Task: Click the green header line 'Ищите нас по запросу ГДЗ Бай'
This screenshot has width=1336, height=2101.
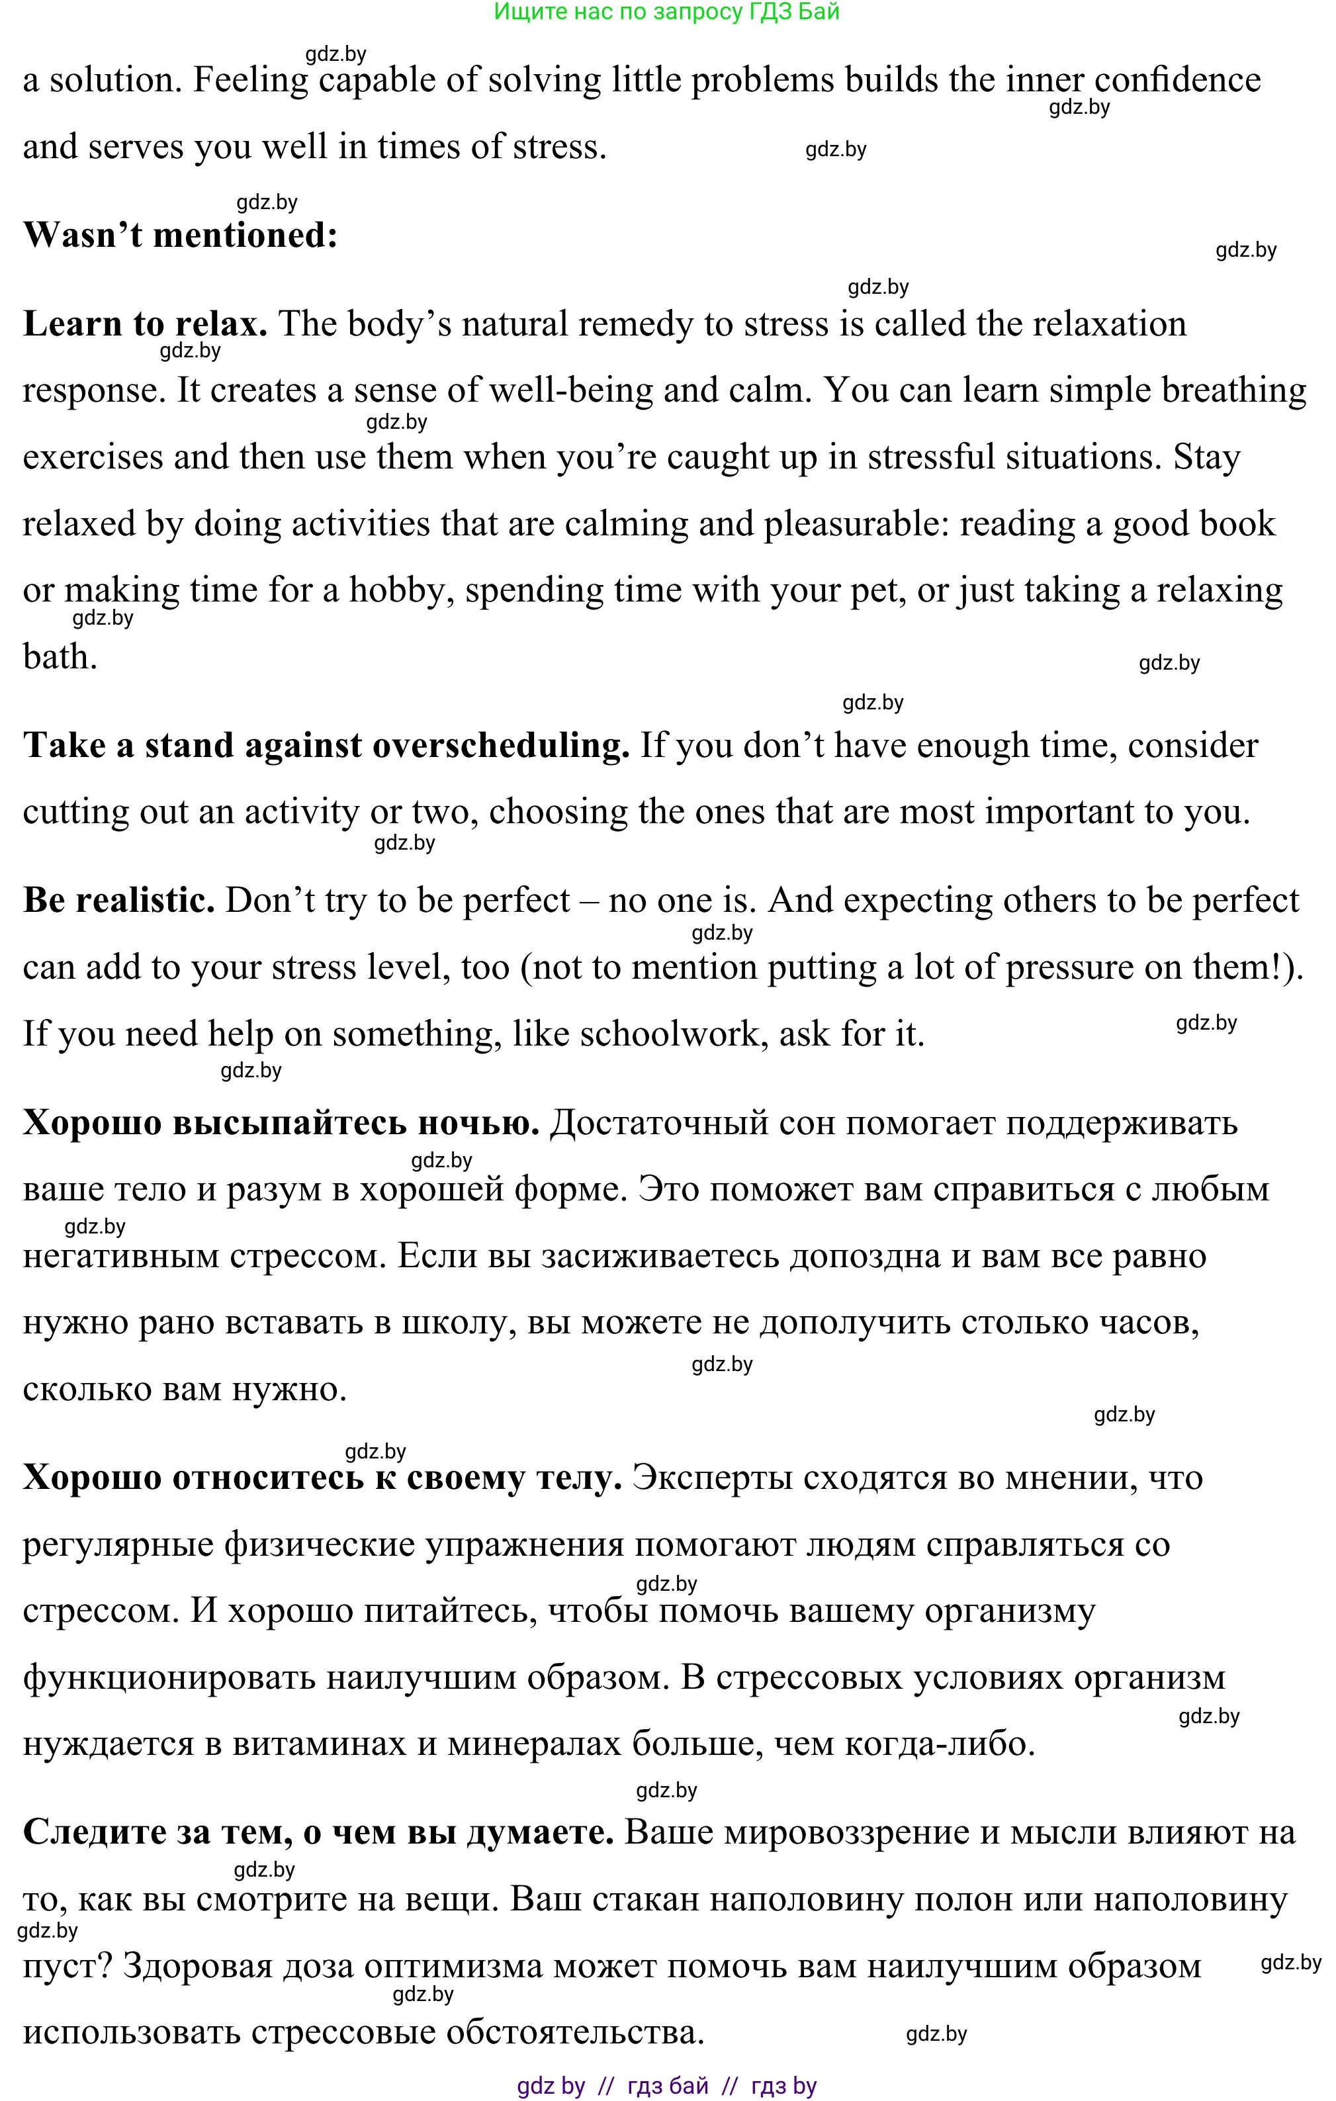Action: click(x=667, y=11)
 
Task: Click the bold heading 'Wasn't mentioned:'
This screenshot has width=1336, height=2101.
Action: click(x=180, y=235)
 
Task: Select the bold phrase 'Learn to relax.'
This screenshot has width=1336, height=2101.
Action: click(x=145, y=324)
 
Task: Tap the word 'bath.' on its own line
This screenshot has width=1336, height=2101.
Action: click(x=60, y=656)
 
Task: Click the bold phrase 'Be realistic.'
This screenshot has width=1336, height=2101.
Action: click(x=118, y=899)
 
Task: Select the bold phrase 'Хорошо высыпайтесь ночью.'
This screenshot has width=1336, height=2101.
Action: click(x=281, y=1122)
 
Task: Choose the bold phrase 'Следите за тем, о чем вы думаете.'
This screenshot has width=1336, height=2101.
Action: click(x=318, y=1832)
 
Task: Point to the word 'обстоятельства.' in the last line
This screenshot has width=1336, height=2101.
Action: click(x=575, y=2032)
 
